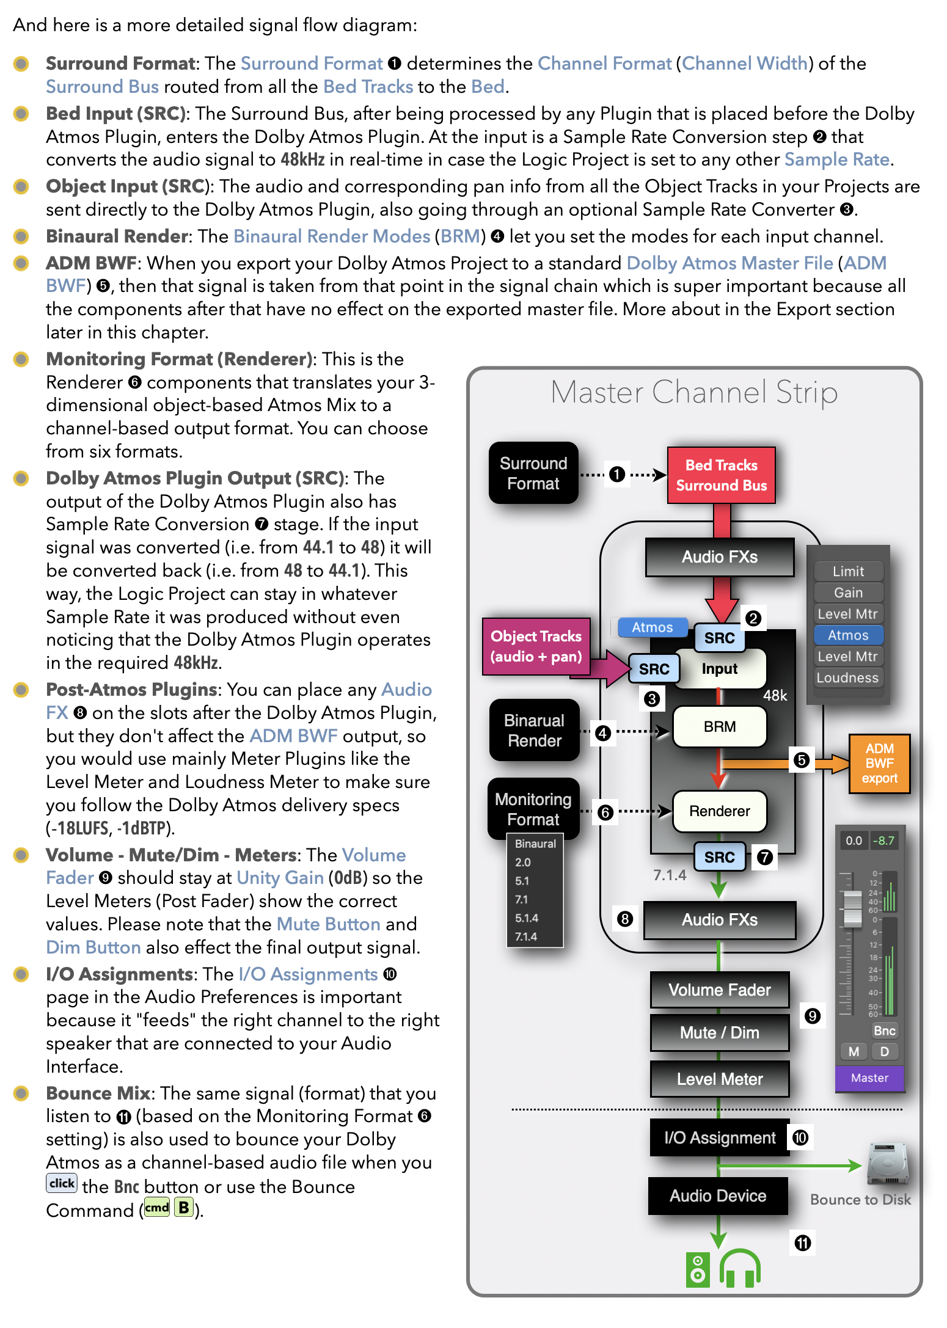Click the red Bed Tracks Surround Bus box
coord(721,475)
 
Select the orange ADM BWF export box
coord(879,764)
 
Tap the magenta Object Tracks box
coord(536,646)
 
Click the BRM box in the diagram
coord(719,727)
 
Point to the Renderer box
coord(719,811)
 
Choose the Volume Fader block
coord(719,990)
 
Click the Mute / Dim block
coord(719,1033)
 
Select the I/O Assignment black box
coord(719,1138)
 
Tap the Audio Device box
coord(718,1196)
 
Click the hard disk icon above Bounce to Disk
coord(888,1164)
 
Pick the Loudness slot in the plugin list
coord(847,678)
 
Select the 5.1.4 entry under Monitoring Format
coord(527,918)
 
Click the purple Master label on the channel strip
coord(869,1078)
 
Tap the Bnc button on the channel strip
coord(884,1031)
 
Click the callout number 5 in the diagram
coord(801,761)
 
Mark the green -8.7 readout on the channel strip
coord(883,841)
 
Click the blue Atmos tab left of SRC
coord(652,627)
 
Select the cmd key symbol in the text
coord(157,1208)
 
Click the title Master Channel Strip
coord(694,392)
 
